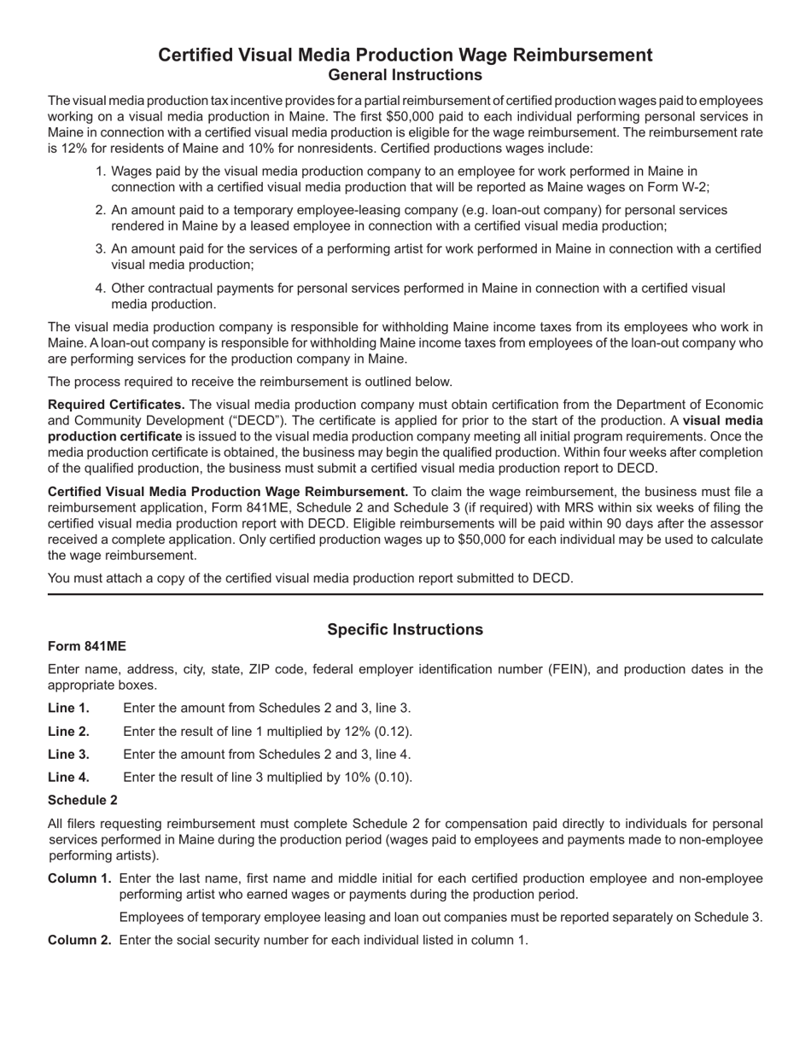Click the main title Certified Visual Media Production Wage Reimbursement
(x=405, y=55)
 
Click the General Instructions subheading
(x=405, y=74)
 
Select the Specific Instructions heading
(x=405, y=629)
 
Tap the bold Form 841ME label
(x=87, y=646)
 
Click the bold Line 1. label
(x=68, y=708)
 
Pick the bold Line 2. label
(x=68, y=731)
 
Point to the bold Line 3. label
(x=68, y=754)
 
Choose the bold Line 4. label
(x=68, y=777)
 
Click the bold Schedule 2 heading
(x=83, y=800)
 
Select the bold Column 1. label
(x=79, y=878)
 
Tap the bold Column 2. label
(x=79, y=940)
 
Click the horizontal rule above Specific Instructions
(x=405, y=593)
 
